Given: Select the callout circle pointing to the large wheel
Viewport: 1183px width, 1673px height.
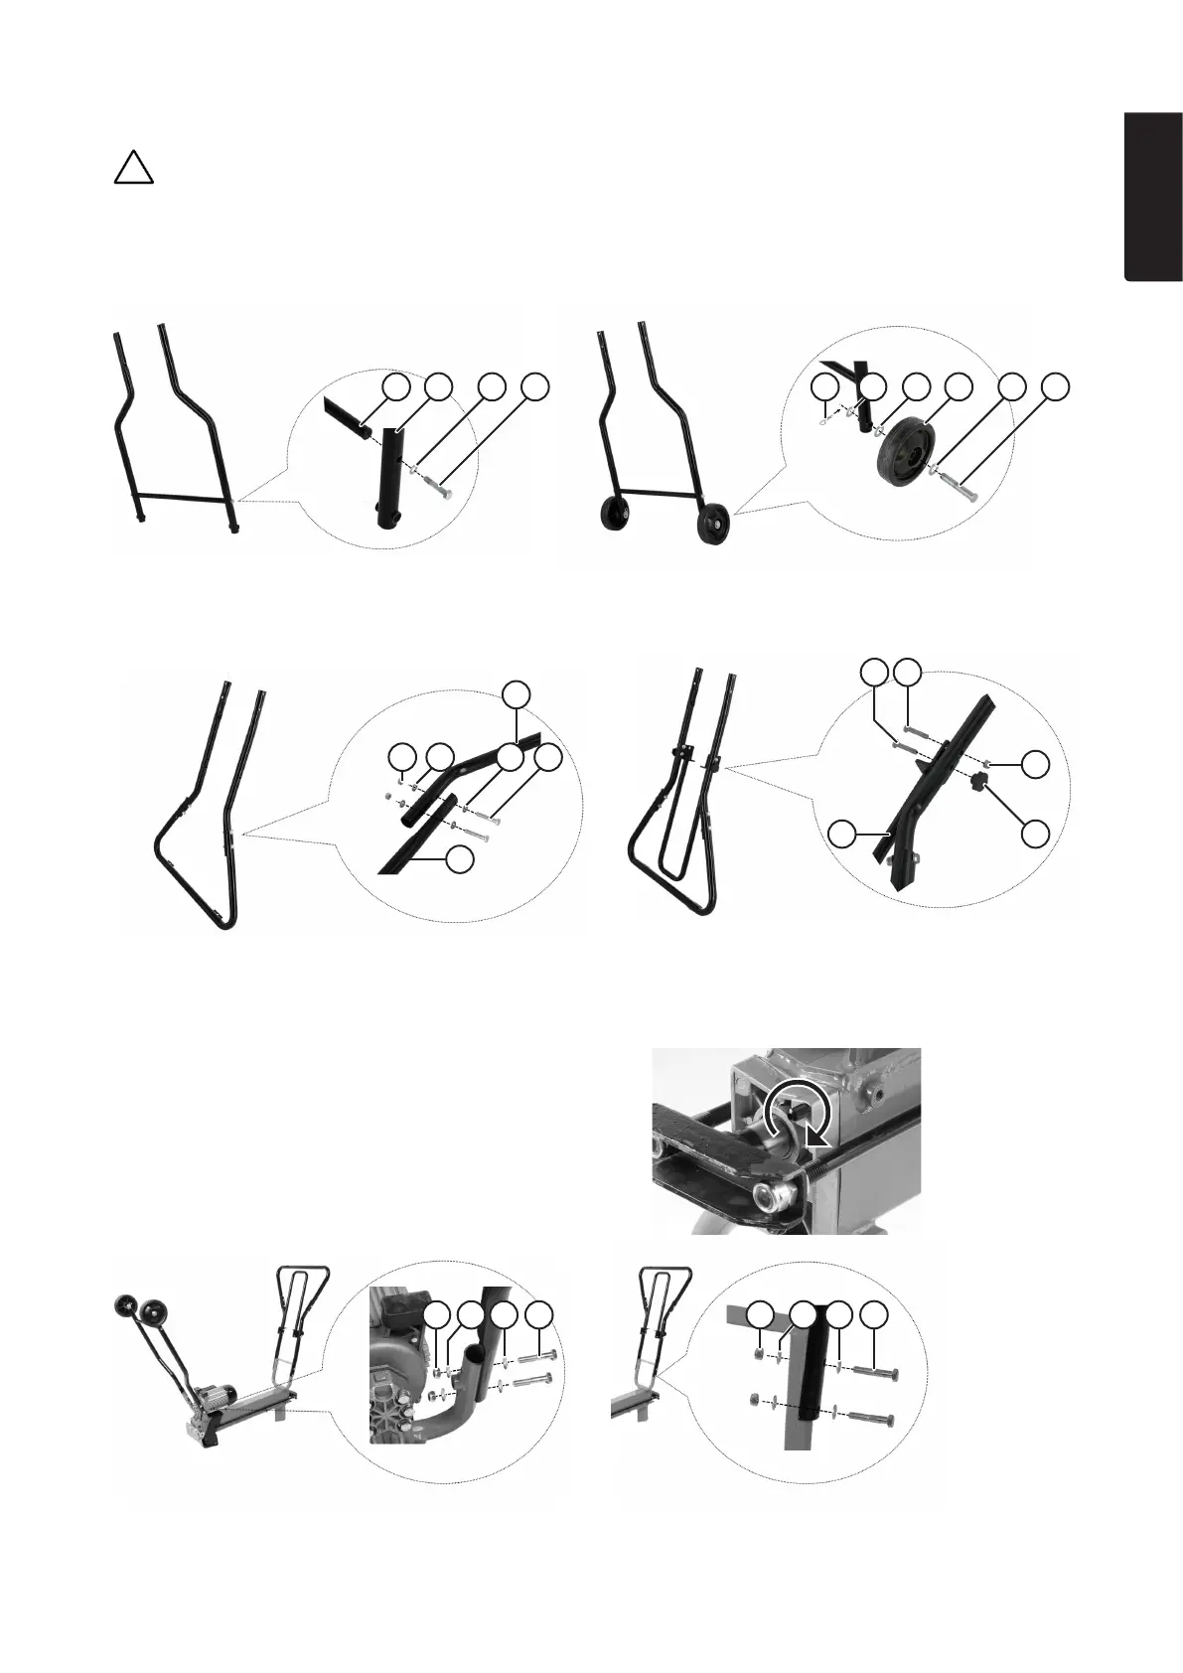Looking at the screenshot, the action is click(957, 387).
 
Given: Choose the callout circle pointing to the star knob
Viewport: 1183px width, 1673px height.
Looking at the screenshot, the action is click(1036, 834).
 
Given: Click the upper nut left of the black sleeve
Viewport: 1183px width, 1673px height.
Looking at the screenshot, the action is click(758, 1354).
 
